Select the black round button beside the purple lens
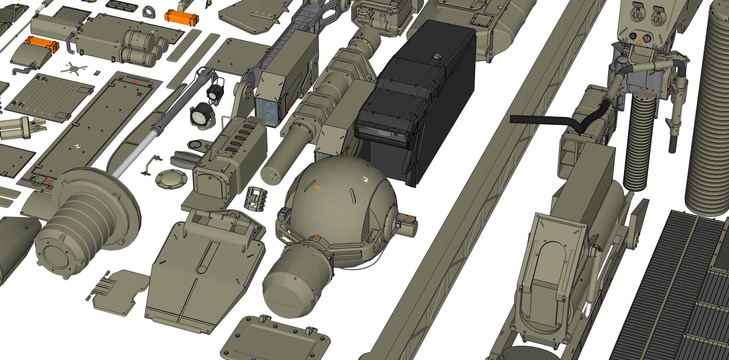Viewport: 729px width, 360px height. click(635, 36)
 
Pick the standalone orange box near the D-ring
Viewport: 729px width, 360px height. click(182, 16)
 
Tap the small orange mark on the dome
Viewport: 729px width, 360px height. click(317, 187)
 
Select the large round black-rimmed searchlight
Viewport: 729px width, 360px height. click(201, 114)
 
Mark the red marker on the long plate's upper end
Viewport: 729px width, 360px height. click(135, 82)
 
